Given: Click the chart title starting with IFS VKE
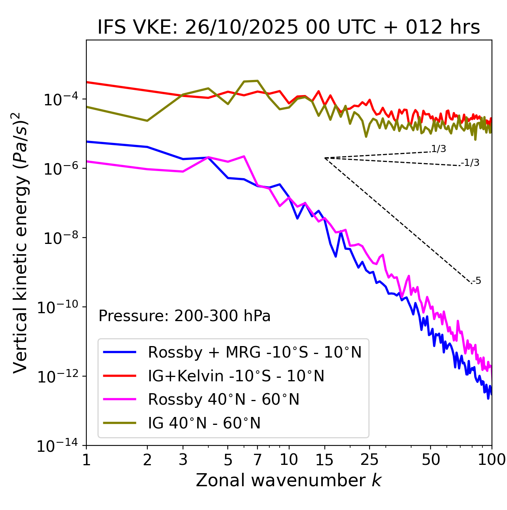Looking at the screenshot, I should (289, 27).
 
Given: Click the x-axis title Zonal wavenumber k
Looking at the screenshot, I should (289, 480).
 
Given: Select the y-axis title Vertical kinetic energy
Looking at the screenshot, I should (21, 242).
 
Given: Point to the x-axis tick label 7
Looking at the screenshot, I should (257, 460).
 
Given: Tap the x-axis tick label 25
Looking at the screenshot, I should (369, 460).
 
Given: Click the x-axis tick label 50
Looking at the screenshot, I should (431, 460).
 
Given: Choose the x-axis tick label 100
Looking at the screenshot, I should (492, 460).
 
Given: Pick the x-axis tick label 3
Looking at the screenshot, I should (183, 460).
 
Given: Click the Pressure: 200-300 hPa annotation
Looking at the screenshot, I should (184, 316).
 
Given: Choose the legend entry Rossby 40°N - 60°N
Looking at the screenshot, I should (223, 400).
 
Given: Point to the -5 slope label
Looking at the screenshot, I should (477, 281).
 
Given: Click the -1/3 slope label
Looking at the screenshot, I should (470, 163).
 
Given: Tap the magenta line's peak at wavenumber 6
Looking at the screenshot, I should (244, 156).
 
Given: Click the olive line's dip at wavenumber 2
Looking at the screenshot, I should (147, 121).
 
